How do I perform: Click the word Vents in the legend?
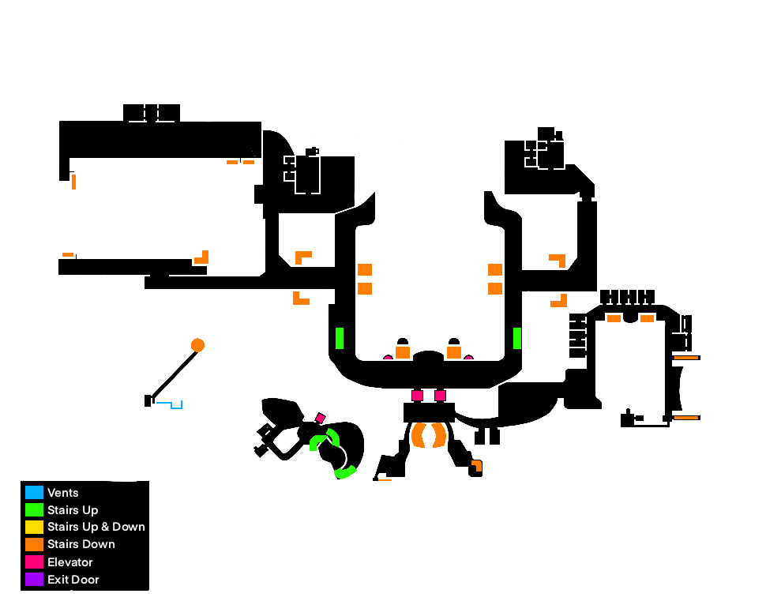click(62, 493)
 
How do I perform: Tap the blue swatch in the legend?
click(34, 493)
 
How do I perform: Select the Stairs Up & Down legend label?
click(96, 527)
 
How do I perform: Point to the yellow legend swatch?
click(34, 527)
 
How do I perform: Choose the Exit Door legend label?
click(73, 580)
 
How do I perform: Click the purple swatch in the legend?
click(34, 580)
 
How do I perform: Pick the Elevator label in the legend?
click(69, 562)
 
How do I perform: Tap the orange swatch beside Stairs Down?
click(34, 544)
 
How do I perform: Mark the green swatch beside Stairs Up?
click(34, 510)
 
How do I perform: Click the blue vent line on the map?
click(170, 404)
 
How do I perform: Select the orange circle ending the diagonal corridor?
click(197, 345)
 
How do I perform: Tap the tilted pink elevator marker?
click(321, 417)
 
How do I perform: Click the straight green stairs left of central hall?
click(340, 338)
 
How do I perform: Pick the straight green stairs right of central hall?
click(517, 338)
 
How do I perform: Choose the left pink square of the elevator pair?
click(417, 396)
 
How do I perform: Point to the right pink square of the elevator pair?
click(441, 396)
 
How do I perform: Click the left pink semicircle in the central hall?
click(389, 358)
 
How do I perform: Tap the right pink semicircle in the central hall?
click(469, 358)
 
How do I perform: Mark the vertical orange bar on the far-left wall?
click(73, 182)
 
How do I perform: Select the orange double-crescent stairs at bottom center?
click(428, 435)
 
